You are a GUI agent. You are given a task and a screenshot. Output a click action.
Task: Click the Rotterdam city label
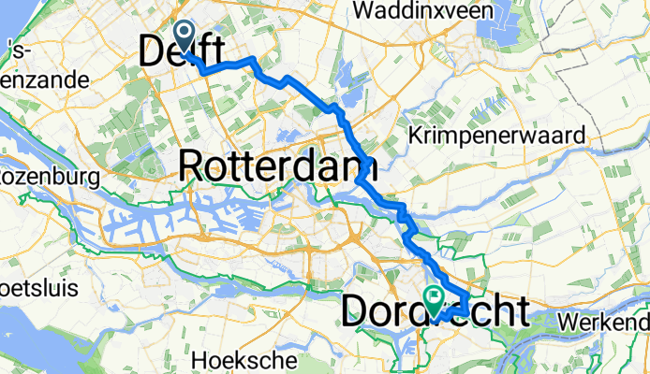(277, 166)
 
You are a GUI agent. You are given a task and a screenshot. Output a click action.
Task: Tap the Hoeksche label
(244, 359)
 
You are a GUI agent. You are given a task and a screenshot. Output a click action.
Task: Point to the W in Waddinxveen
(364, 11)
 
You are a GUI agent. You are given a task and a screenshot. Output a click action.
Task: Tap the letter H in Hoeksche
(199, 359)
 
